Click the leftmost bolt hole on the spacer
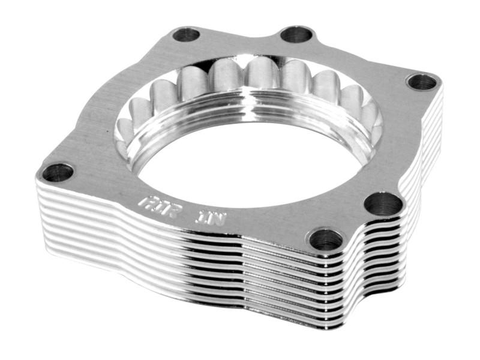(58, 173)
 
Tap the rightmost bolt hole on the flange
(422, 82)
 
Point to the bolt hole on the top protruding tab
(296, 34)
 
